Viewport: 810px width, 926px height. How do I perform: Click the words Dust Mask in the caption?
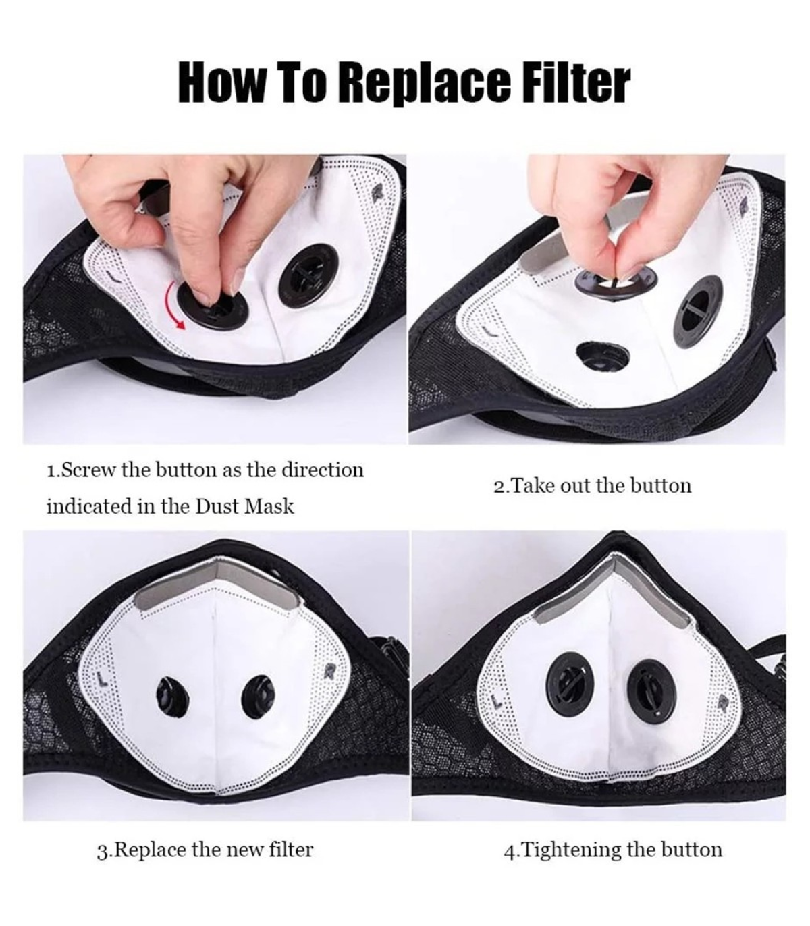coord(244,506)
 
